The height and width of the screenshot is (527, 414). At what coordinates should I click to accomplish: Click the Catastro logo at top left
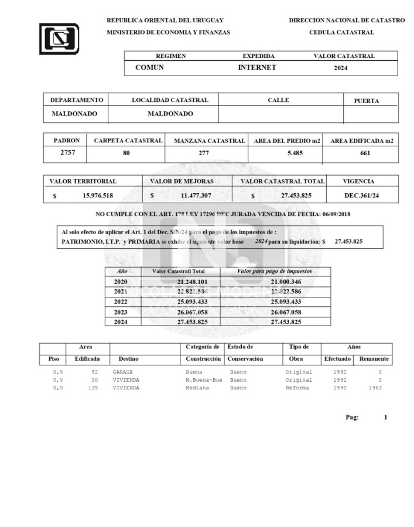[x=59, y=39]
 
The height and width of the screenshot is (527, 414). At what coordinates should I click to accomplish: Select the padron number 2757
[x=69, y=153]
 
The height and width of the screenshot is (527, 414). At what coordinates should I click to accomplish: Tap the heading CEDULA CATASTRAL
[x=341, y=32]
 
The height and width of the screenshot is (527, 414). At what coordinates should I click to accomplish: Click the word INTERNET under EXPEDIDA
[x=256, y=67]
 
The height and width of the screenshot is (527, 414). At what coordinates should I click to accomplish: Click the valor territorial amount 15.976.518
[x=98, y=196]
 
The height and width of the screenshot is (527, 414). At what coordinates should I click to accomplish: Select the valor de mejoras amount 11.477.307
[x=196, y=196]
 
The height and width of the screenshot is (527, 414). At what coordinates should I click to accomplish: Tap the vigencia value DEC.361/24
[x=361, y=196]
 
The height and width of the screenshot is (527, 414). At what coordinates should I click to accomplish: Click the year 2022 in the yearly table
[x=121, y=302]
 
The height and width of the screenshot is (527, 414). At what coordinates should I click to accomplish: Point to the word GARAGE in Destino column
[x=123, y=372]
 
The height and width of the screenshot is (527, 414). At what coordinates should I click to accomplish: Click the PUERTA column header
[x=367, y=101]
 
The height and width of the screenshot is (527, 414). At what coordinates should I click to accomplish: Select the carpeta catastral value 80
[x=126, y=153]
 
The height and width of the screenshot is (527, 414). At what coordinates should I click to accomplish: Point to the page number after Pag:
[x=385, y=418]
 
